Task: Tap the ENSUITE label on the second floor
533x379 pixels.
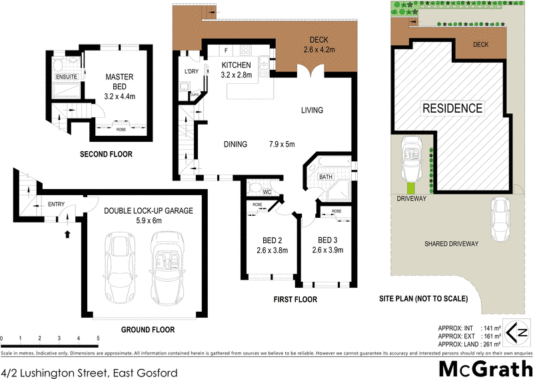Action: click(x=66, y=77)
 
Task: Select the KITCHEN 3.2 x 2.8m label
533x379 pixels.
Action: click(x=236, y=69)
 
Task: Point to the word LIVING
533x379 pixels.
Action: click(x=311, y=111)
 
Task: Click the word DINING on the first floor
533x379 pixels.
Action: click(x=235, y=144)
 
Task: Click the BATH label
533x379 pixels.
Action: click(x=326, y=177)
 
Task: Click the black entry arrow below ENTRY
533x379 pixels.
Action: click(x=67, y=234)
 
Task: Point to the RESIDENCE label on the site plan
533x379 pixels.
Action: click(x=452, y=108)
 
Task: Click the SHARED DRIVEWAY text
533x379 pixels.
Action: click(x=451, y=244)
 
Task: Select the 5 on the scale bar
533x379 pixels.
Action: click(x=98, y=338)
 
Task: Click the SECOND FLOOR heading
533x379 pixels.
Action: click(x=106, y=154)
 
